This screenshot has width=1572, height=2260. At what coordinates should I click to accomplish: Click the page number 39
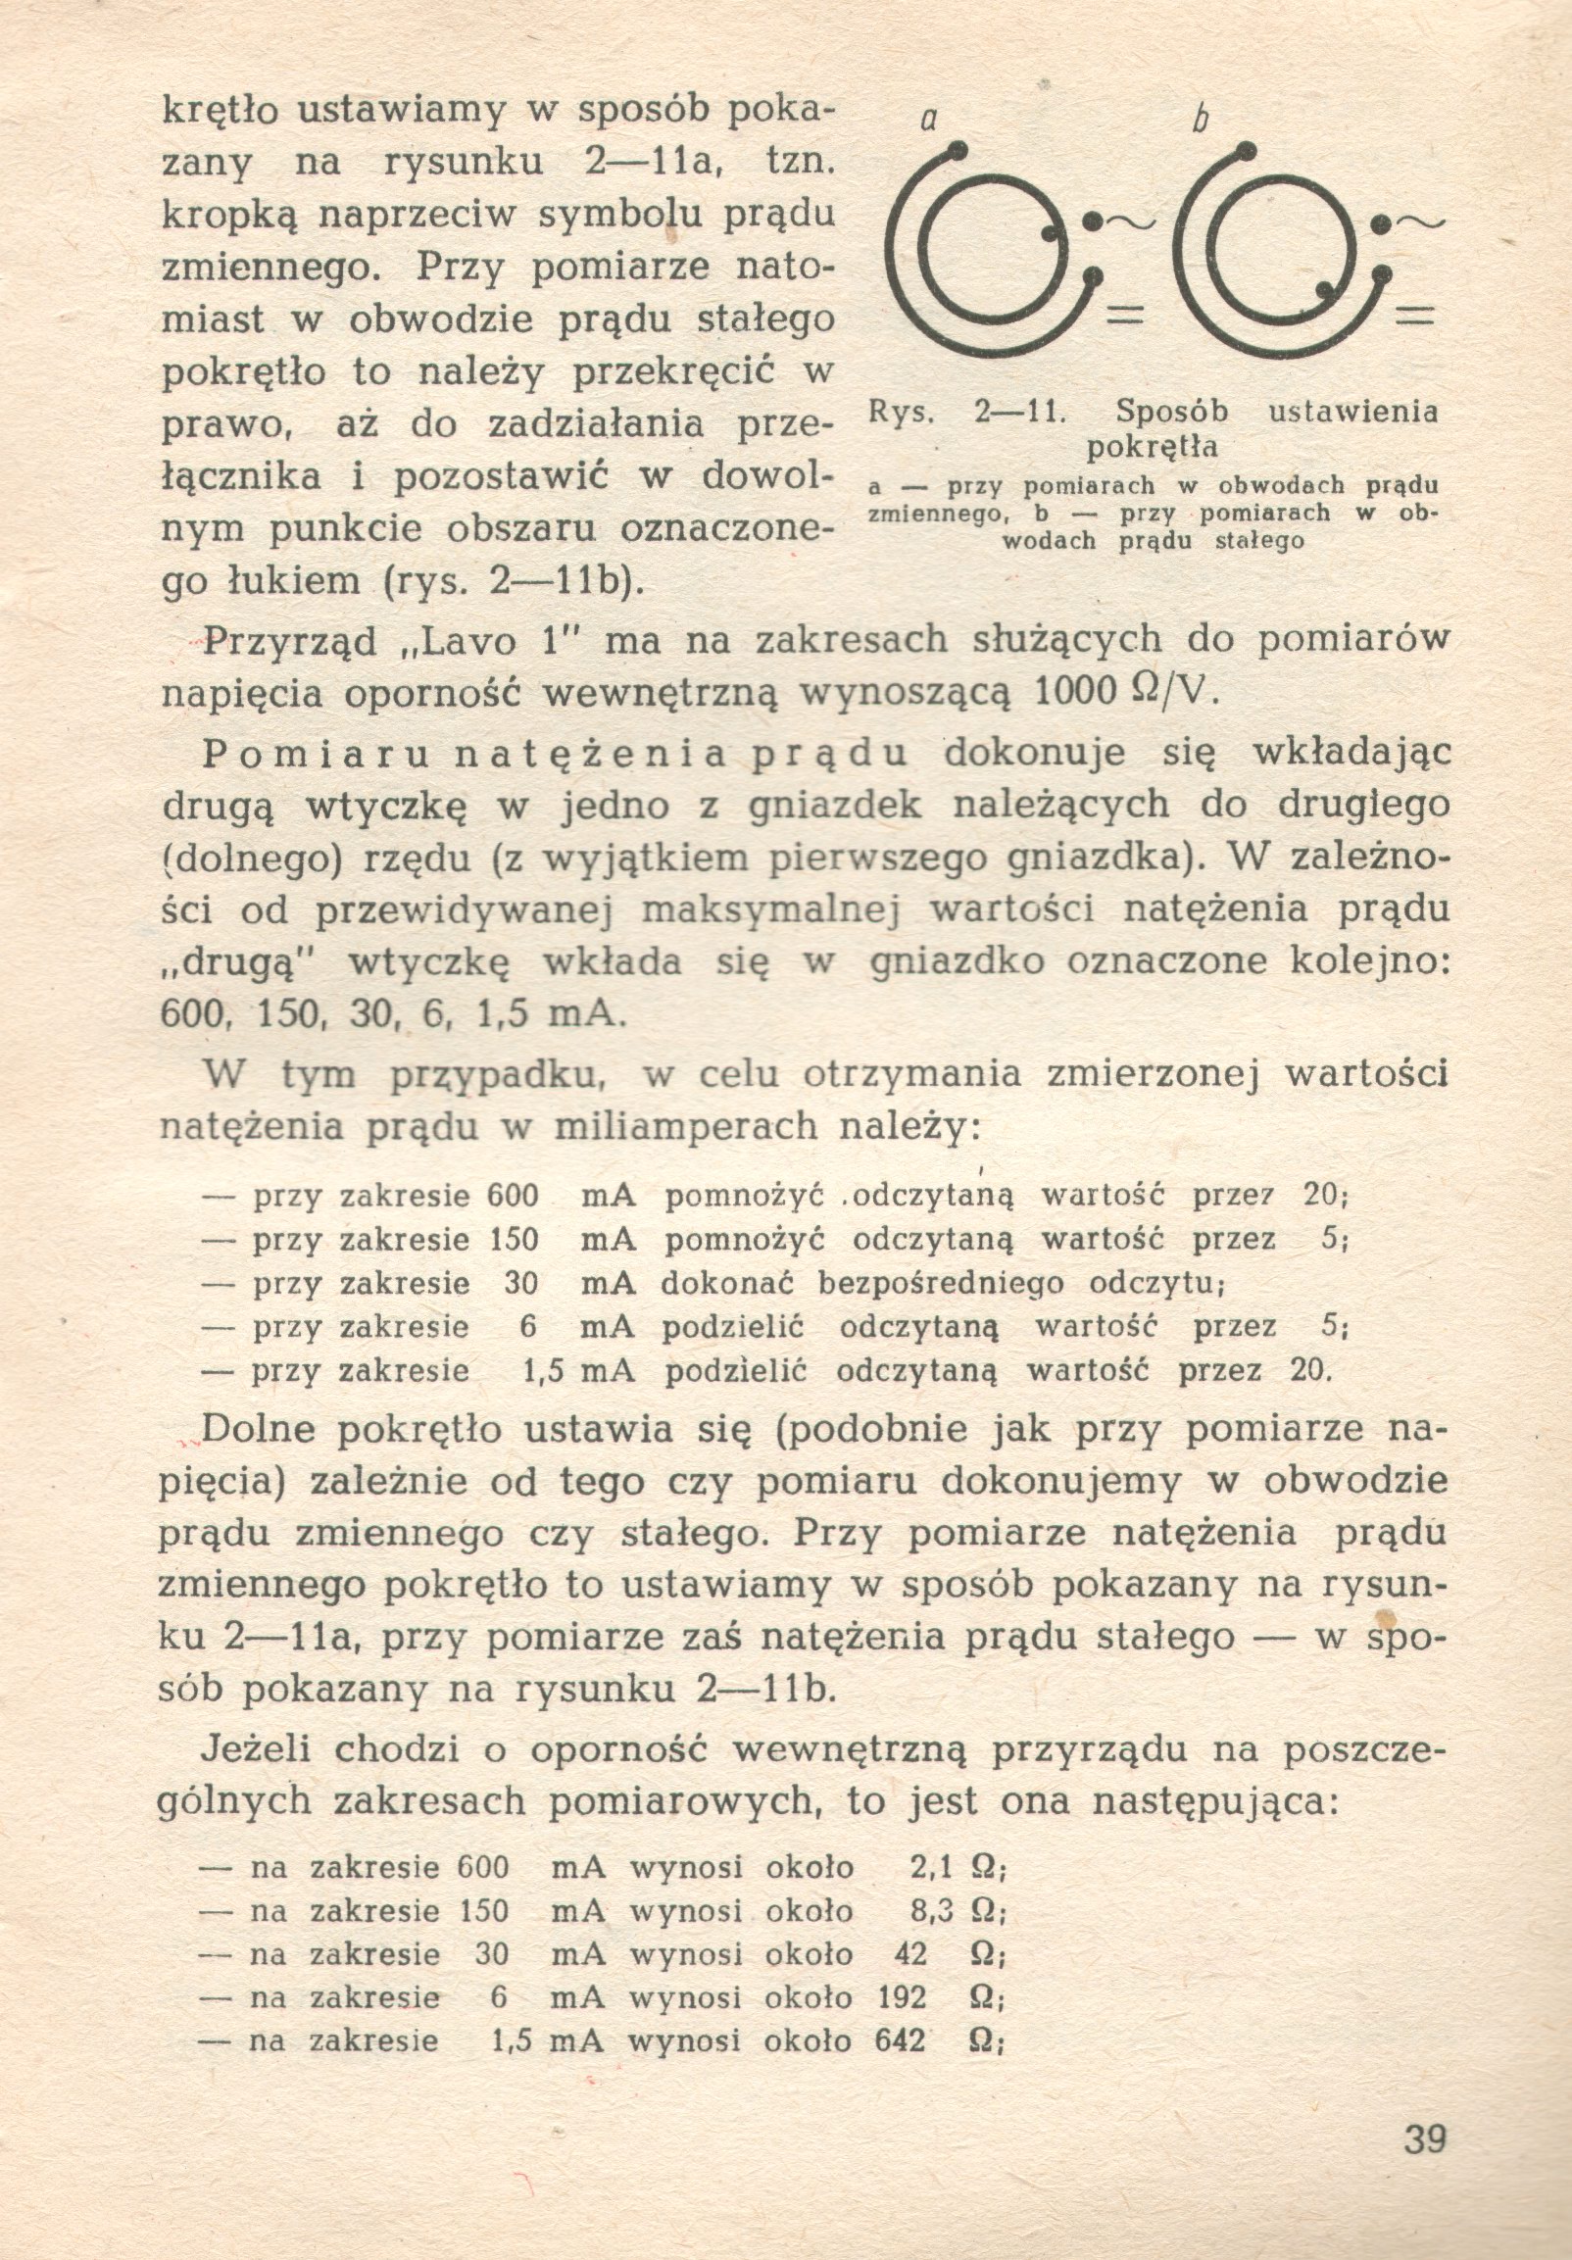pyautogui.click(x=1424, y=2138)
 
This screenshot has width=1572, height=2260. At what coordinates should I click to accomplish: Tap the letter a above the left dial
pyautogui.click(x=926, y=122)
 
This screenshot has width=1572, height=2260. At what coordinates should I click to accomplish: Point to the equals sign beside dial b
pyautogui.click(x=1415, y=317)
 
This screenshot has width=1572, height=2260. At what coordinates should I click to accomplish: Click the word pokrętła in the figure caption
pyautogui.click(x=1153, y=448)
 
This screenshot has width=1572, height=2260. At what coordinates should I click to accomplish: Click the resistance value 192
pyautogui.click(x=902, y=1997)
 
